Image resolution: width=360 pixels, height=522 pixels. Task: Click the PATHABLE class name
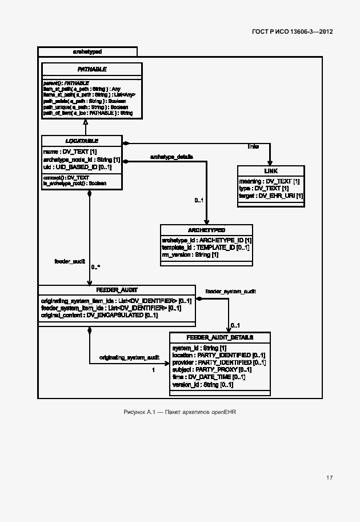tap(92, 69)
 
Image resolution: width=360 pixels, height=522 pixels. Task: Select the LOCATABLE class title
tap(82, 141)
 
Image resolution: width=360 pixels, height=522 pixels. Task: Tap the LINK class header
tap(271, 172)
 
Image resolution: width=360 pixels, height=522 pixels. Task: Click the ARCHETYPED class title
tap(206, 230)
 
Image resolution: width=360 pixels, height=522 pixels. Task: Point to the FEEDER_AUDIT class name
tap(117, 290)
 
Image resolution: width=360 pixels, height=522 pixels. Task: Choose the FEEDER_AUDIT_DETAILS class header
tap(220, 337)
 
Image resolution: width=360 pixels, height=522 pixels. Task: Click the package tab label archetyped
tap(87, 51)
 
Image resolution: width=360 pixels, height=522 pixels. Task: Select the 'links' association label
tap(253, 147)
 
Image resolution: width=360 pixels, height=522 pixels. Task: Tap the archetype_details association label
tap(171, 156)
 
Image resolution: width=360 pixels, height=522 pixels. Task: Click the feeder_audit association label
tap(69, 261)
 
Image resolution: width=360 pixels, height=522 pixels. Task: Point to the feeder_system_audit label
tap(230, 292)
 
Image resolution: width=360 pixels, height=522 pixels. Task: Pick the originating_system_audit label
tap(129, 357)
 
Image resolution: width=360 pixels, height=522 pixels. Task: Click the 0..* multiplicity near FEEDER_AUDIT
tap(96, 267)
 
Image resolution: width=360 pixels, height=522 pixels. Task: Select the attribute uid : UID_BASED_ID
tap(77, 168)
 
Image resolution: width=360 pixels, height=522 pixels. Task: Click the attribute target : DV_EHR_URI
tap(271, 196)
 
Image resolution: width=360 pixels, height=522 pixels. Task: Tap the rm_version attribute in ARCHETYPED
tap(190, 254)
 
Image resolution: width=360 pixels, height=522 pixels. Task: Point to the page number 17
tap(330, 477)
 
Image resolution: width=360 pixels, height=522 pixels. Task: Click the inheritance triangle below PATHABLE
tap(85, 122)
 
